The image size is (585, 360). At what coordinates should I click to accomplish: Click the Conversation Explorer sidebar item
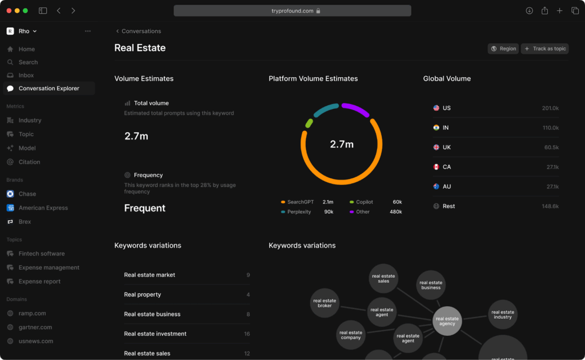[x=49, y=89]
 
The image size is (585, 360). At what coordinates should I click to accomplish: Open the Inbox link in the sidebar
[x=26, y=75]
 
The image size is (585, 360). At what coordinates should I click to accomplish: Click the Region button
[x=503, y=49]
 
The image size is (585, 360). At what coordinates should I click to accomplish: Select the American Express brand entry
[x=43, y=208]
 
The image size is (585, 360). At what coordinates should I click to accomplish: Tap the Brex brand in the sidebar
[x=25, y=222]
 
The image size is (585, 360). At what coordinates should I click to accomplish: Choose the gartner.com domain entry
[x=35, y=327]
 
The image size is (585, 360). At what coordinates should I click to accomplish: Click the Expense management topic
[x=49, y=267]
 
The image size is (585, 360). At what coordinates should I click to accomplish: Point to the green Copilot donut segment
[x=309, y=123]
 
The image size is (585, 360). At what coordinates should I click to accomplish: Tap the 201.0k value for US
[x=550, y=108]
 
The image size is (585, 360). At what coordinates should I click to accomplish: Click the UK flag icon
[x=436, y=147]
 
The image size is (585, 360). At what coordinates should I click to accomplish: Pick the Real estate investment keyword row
[x=155, y=334]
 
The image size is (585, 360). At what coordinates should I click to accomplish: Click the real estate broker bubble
[x=324, y=303]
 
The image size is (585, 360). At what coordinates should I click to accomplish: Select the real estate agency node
[x=447, y=321]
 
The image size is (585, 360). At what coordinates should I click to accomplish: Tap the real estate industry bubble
[x=503, y=315]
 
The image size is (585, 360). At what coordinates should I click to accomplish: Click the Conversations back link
[x=141, y=31]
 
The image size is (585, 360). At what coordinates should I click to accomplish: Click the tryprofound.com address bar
[x=292, y=11]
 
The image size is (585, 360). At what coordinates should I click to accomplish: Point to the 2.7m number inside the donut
[x=342, y=145]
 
